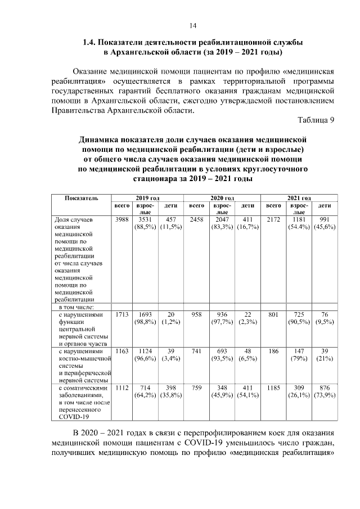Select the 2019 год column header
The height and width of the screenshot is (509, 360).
pos(148,199)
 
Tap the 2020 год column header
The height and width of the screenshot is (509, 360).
pos(222,199)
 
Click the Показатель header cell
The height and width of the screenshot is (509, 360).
pos(82,199)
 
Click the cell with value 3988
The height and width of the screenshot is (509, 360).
pos(121,219)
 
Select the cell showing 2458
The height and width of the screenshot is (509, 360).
pos(196,219)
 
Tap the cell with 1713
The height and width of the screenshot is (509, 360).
pos(121,316)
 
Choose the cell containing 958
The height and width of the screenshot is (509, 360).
pos(196,316)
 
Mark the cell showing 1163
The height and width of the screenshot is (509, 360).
pos(121,351)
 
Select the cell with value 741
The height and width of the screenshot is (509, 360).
pos(196,351)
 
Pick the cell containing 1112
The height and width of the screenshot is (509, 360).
pos(121,388)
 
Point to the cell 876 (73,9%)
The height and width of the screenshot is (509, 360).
pos(324,391)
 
